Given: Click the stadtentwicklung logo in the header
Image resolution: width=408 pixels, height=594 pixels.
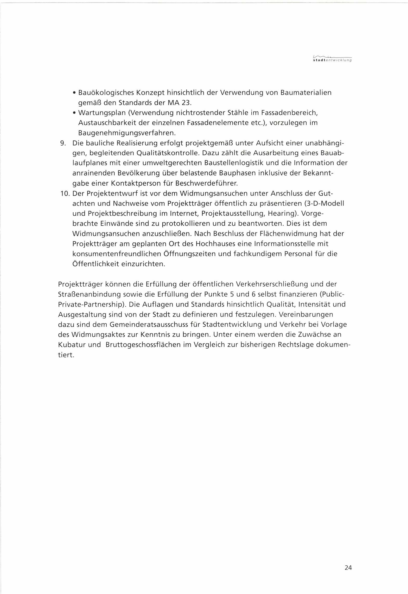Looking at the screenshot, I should [332, 59].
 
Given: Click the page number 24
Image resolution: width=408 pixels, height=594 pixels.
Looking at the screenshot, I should [348, 568].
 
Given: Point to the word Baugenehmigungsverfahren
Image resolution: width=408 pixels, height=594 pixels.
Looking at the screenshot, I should [127, 133].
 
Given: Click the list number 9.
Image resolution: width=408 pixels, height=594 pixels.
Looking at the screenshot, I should [63, 143].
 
